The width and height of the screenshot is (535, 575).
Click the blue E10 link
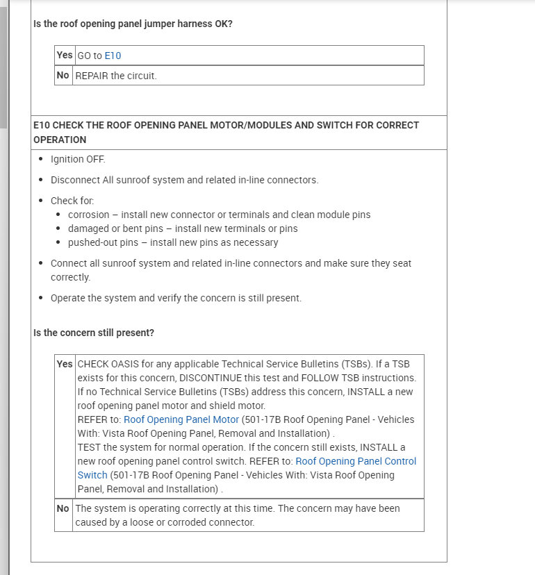113,56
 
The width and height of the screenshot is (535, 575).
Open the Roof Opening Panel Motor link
181,419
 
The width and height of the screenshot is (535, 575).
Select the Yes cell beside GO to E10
65,56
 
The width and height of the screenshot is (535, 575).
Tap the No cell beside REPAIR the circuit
63,76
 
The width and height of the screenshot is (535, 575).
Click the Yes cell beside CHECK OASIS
65,364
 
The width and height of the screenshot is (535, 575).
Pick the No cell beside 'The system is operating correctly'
63,508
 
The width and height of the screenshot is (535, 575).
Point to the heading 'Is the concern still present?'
94,333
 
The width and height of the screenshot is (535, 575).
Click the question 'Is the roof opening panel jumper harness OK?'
133,24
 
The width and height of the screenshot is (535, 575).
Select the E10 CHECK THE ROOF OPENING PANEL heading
226,132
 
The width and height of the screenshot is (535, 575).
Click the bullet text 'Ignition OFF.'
78,159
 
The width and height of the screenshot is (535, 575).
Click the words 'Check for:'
72,201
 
